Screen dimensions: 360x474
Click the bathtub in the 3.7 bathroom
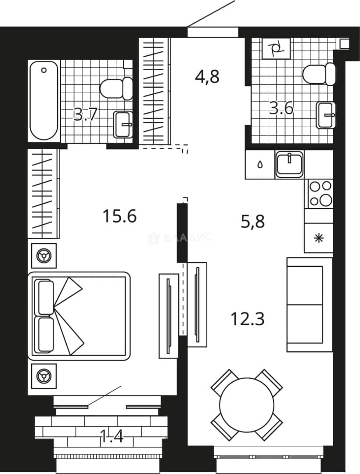44,101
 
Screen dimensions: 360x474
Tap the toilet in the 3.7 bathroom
116,88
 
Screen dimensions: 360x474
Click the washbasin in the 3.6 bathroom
326,115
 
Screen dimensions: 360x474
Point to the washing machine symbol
276,48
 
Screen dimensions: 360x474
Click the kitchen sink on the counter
289,164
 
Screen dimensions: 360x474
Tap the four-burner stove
320,194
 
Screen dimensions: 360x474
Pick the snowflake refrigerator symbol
319,238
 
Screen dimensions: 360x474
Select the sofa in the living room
310,305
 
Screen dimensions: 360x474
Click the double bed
79,316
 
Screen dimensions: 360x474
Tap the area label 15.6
120,216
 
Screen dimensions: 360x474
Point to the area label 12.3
248,319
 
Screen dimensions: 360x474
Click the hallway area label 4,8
207,76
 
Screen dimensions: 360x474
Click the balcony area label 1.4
112,436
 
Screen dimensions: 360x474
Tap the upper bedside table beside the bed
44,256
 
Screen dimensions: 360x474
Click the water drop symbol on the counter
260,165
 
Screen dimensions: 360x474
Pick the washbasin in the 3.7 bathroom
123,124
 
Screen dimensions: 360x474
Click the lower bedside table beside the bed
44,376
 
